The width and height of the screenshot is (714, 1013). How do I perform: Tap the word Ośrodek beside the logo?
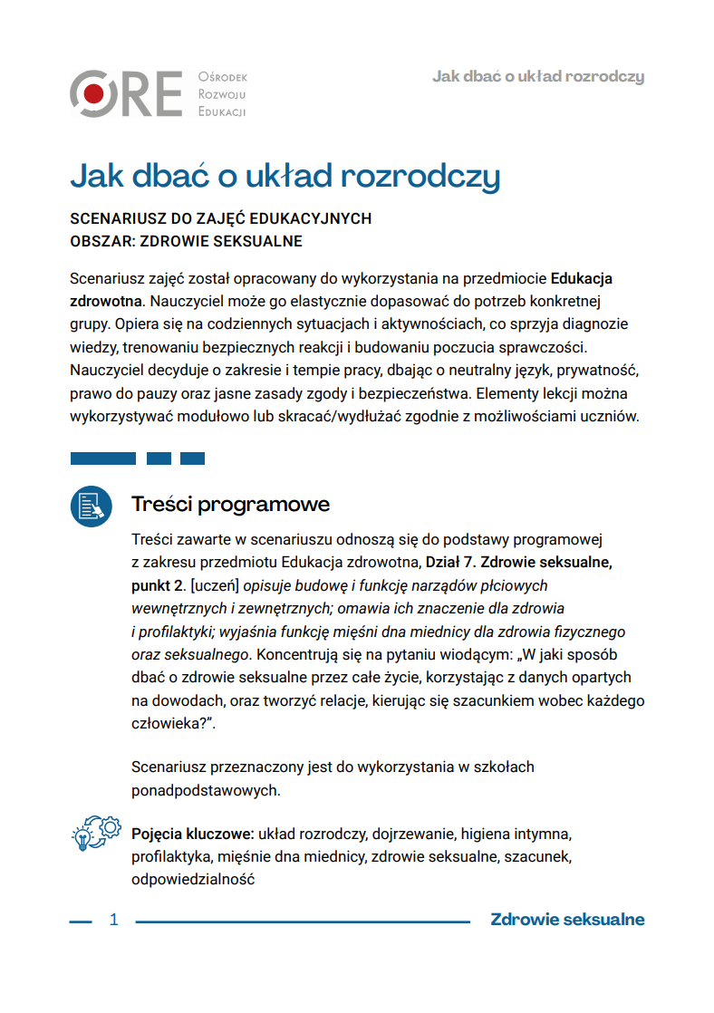tap(222, 78)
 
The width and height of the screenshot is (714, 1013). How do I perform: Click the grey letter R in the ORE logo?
tap(135, 93)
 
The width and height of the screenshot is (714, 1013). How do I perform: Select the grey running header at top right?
tap(538, 76)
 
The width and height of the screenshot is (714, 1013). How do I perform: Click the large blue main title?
tap(285, 176)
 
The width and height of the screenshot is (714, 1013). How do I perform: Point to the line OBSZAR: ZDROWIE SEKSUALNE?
tap(186, 242)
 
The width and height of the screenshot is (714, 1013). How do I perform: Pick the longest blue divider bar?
tap(102, 458)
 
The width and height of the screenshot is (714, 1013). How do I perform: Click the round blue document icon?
tap(92, 506)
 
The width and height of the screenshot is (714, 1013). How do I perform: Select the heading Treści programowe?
tap(230, 504)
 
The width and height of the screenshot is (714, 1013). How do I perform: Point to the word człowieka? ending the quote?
tap(175, 724)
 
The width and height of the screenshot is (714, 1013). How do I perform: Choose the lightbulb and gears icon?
tap(95, 833)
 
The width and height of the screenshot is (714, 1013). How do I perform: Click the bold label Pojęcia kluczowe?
tap(192, 832)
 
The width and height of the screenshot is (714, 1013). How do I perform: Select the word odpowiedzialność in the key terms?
tap(193, 879)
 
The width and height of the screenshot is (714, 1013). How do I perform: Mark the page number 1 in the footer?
tap(114, 921)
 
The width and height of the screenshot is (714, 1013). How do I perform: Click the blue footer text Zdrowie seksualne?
tap(567, 920)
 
